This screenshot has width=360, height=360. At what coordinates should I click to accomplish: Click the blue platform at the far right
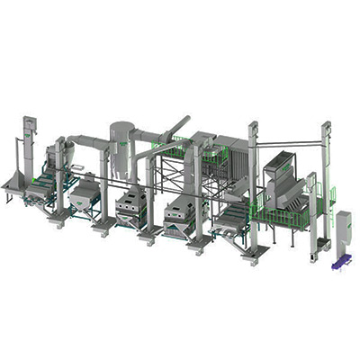pos(339,263)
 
